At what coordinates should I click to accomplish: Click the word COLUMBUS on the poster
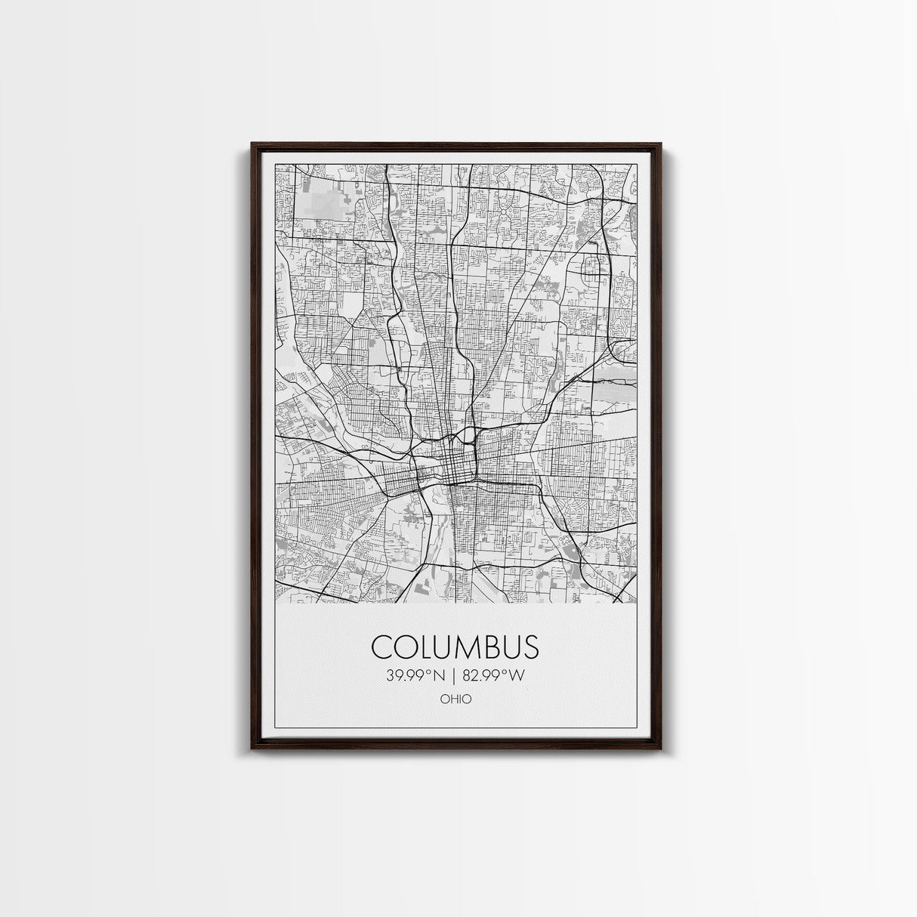pyautogui.click(x=455, y=647)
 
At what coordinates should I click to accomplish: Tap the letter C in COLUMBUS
pyautogui.click(x=382, y=647)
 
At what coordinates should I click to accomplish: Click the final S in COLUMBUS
pyautogui.click(x=530, y=647)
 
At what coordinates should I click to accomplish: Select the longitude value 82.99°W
pyautogui.click(x=492, y=675)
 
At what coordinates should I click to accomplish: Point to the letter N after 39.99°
pyautogui.click(x=441, y=675)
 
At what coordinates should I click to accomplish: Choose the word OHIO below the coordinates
pyautogui.click(x=455, y=699)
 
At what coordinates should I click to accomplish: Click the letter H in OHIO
pyautogui.click(x=452, y=699)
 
